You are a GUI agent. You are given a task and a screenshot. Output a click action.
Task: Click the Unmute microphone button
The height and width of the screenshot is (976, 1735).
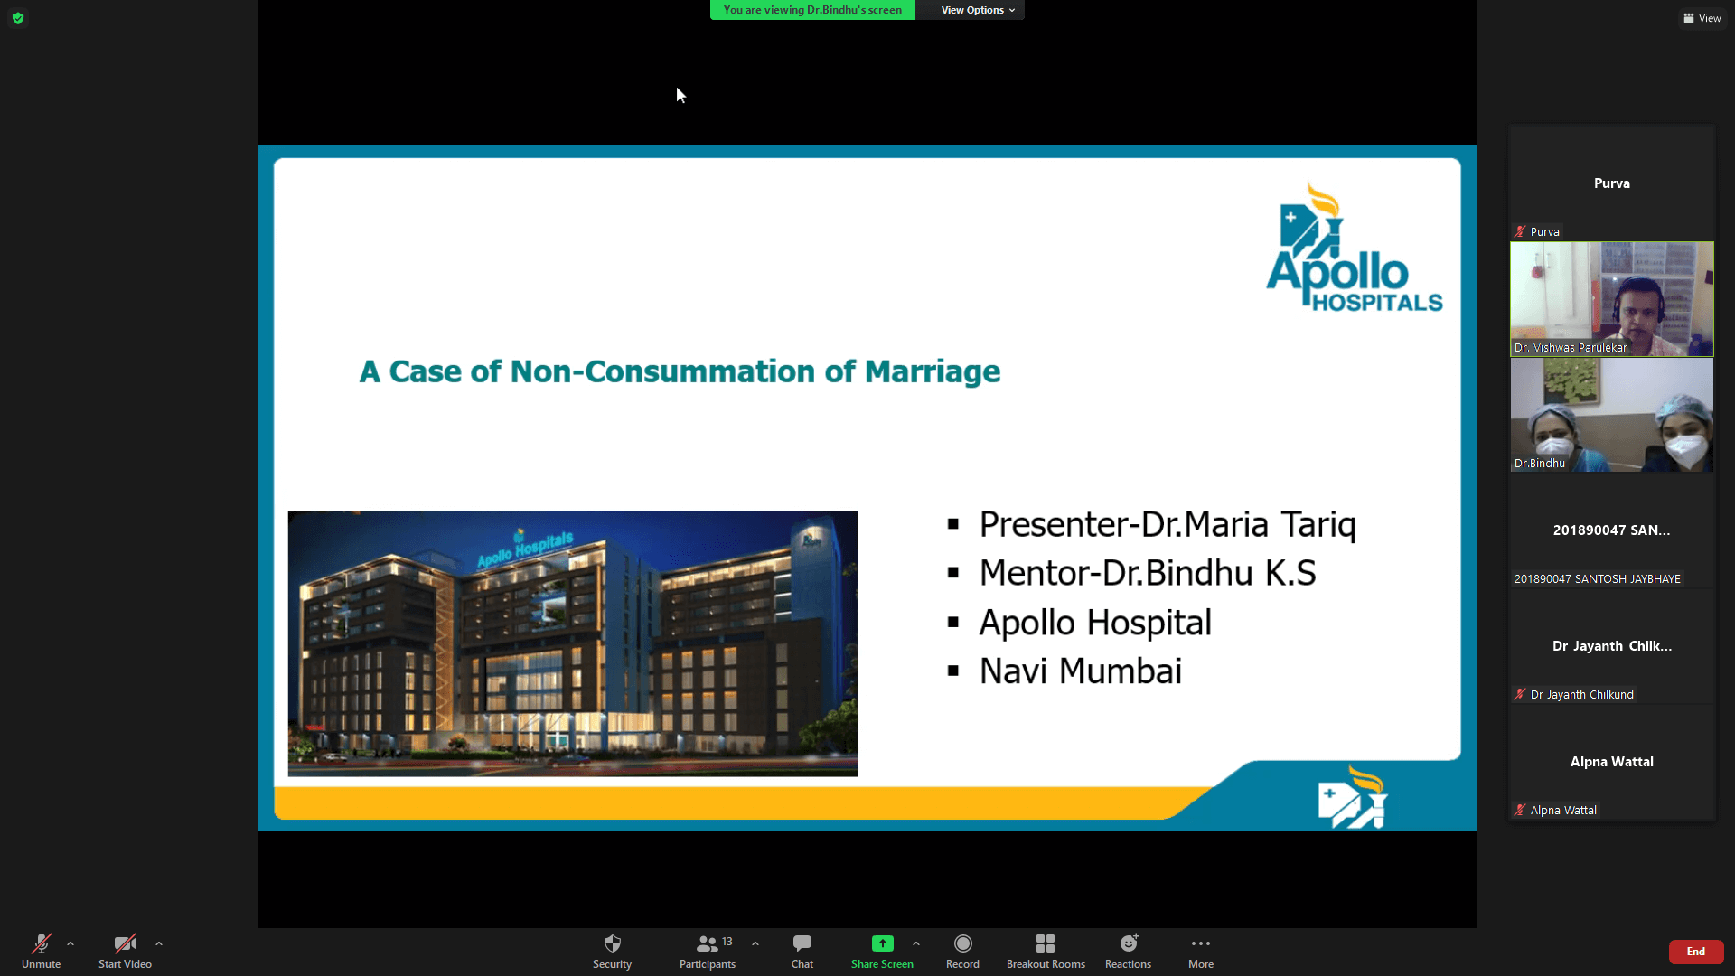click(41, 951)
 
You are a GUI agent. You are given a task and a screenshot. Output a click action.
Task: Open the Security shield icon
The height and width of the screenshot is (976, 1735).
click(613, 943)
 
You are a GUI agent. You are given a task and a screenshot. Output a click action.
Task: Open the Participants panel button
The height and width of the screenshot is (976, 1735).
click(708, 951)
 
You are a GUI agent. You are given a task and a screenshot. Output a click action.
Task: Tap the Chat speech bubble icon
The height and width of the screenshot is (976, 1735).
click(802, 943)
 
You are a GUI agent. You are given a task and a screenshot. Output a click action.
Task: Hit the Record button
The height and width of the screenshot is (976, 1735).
click(963, 951)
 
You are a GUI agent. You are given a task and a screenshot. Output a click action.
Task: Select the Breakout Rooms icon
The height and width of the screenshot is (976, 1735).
click(1046, 943)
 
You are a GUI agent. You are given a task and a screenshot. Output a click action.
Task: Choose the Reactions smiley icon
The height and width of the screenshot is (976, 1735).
click(1129, 943)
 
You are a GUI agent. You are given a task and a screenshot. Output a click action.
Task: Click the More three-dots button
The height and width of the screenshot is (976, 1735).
click(1201, 951)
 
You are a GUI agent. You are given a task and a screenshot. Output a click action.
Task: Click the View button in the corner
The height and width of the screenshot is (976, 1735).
click(1702, 18)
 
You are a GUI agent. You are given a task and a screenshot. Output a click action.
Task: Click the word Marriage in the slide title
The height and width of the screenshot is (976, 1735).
click(933, 371)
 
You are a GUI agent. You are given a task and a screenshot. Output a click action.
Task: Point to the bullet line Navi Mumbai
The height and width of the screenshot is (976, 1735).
click(1081, 671)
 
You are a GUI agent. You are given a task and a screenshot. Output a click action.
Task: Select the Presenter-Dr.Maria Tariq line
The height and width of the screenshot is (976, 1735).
click(1168, 525)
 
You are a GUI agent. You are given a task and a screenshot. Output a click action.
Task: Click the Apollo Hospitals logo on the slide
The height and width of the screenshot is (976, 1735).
click(1354, 248)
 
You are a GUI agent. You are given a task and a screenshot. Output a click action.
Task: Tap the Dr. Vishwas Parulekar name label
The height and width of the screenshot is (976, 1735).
click(1571, 348)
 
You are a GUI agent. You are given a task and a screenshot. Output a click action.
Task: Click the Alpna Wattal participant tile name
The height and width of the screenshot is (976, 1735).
click(1611, 762)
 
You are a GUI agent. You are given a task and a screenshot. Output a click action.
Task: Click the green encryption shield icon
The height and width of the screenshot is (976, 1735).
click(18, 18)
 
